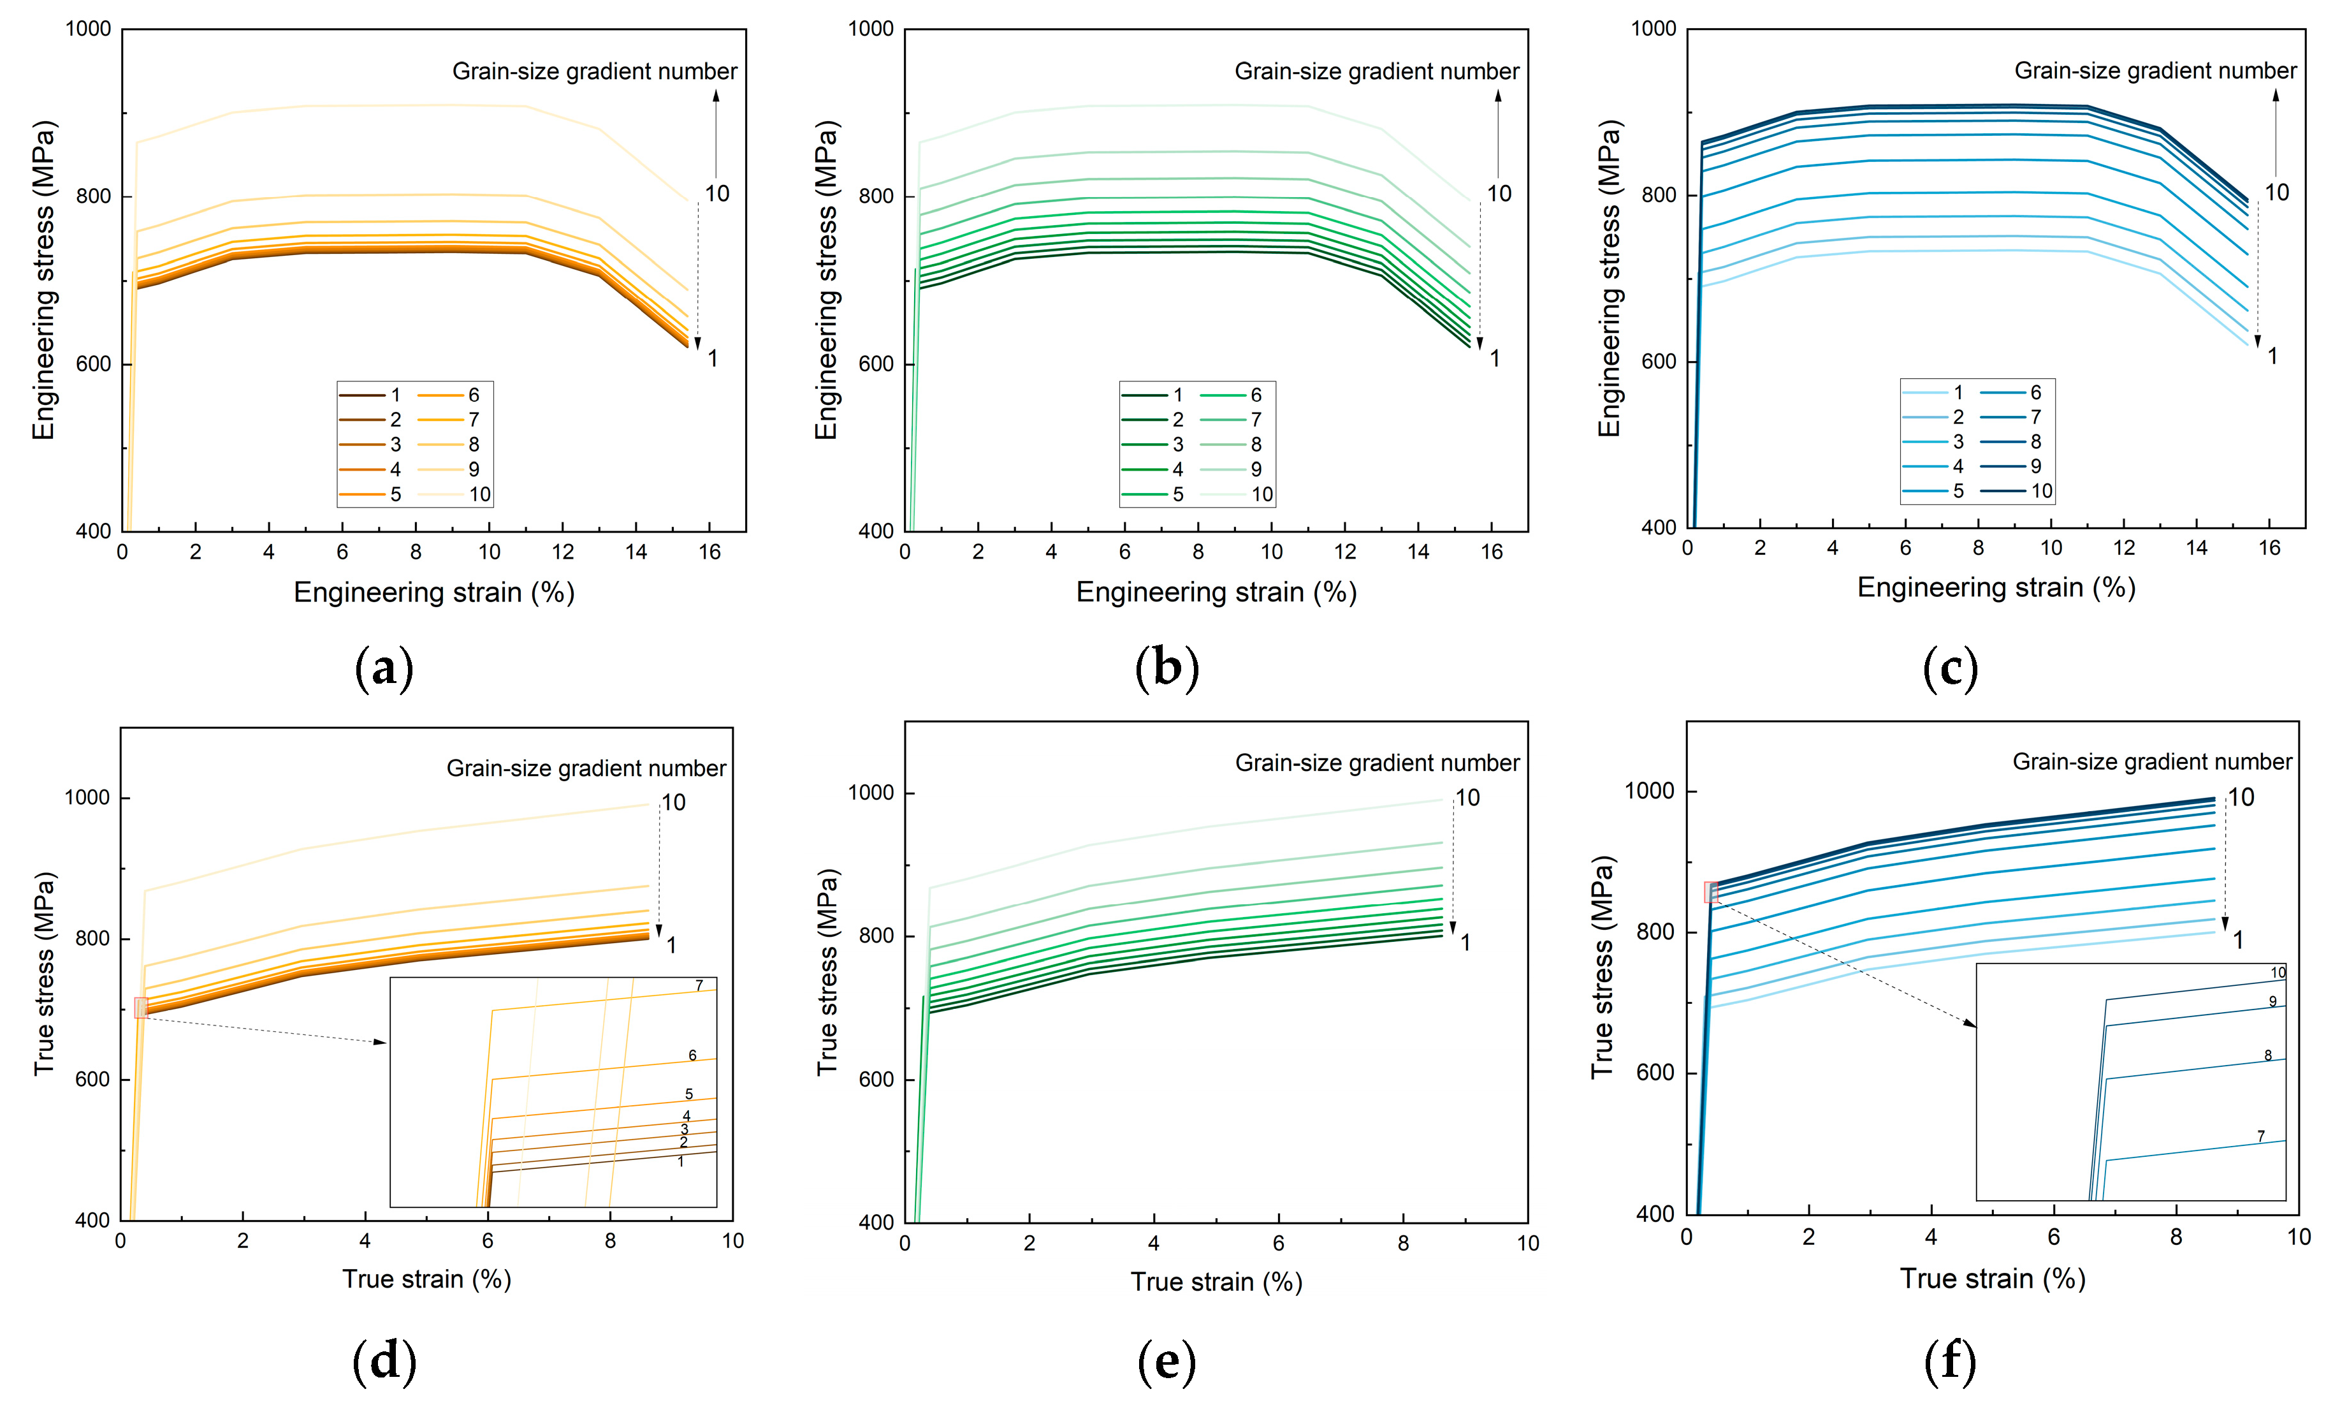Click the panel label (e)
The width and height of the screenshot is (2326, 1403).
[1167, 1362]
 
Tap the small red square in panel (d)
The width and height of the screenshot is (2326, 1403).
[141, 1008]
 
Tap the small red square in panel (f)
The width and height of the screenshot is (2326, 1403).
[1710, 892]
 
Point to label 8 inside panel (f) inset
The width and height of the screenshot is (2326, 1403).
[2267, 1055]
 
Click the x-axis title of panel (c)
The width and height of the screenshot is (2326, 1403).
[1996, 587]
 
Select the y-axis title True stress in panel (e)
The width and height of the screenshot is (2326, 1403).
[827, 973]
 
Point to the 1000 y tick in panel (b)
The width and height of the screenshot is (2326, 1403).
[870, 29]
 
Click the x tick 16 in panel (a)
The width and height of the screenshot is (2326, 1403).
[710, 552]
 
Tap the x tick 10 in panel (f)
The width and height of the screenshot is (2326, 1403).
[2299, 1237]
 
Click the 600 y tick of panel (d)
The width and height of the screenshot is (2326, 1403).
[92, 1079]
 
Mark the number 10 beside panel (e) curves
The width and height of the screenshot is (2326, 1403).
[1467, 798]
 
